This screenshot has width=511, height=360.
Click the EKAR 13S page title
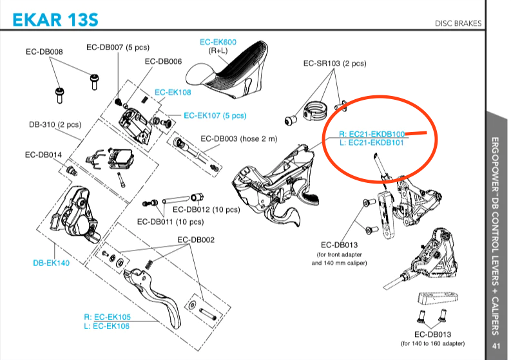click(x=55, y=19)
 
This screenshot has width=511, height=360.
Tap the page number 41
click(x=496, y=346)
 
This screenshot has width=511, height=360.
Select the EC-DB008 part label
click(x=44, y=52)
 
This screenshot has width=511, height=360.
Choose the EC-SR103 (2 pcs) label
click(x=334, y=64)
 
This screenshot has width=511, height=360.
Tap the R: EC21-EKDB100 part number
click(x=372, y=134)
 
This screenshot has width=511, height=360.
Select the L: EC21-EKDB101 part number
click(x=372, y=143)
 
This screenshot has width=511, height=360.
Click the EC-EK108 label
click(x=173, y=93)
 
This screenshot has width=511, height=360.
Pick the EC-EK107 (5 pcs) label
click(x=215, y=116)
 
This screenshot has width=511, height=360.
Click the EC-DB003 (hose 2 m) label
click(x=238, y=138)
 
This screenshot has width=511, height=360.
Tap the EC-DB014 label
click(x=44, y=155)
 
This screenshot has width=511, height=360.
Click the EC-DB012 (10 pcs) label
click(x=206, y=210)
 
